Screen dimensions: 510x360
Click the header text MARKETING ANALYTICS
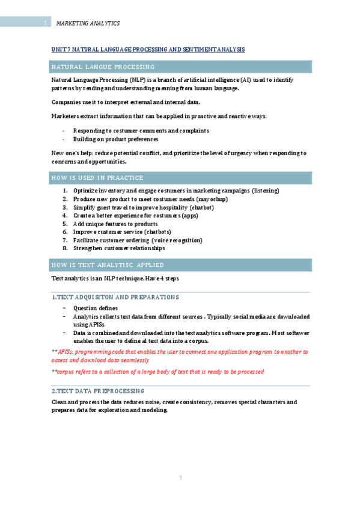click(x=88, y=23)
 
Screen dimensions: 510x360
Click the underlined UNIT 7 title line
click(x=148, y=49)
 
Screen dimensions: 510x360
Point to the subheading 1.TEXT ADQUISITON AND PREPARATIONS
click(x=115, y=297)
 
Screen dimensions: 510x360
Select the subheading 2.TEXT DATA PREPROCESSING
click(x=98, y=390)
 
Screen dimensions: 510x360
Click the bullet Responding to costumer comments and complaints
click(x=141, y=131)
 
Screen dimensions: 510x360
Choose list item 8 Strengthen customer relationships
click(x=118, y=248)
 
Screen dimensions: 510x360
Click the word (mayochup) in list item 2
click(x=212, y=199)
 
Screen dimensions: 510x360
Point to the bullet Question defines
click(x=95, y=308)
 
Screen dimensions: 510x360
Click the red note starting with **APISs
click(x=179, y=355)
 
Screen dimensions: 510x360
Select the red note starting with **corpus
click(x=157, y=372)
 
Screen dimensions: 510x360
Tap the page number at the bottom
click(x=180, y=478)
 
